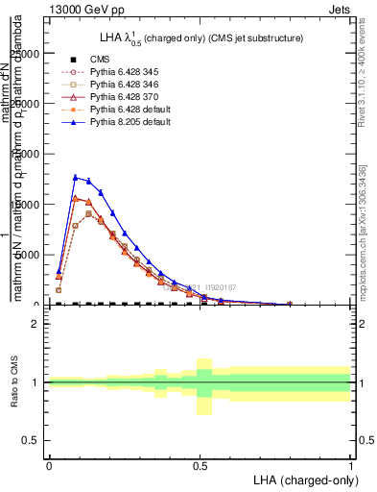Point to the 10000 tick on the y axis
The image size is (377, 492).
tap(29, 205)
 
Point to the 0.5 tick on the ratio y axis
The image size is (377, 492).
tap(32, 440)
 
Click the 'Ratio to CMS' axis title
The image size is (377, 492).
tap(13, 381)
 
